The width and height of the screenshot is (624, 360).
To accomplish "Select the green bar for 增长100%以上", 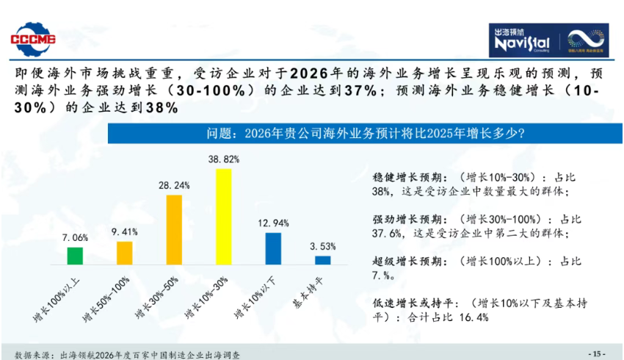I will coord(75,256).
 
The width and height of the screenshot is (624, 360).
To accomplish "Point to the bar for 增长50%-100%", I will coord(125,253).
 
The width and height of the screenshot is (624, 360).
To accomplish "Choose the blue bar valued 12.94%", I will coord(273,248).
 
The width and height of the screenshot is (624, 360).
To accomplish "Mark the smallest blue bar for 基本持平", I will coord(323,259).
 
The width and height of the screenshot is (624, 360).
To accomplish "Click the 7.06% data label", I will coord(75,238).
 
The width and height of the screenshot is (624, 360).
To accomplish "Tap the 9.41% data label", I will coord(125,232).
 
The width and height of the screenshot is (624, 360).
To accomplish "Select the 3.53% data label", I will coord(323,246).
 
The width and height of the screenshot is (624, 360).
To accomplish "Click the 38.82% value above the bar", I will coord(224,159).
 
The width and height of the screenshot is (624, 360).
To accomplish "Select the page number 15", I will coord(598,353).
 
